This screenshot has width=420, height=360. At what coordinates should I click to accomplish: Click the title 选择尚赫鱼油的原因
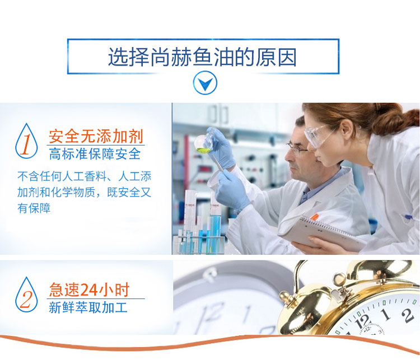point(203,57)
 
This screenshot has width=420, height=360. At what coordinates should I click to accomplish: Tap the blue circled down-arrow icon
point(205,83)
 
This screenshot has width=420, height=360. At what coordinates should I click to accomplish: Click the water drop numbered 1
point(26,141)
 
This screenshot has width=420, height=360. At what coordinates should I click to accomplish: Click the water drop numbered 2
point(26,294)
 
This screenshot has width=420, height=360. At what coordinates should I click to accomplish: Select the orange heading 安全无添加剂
point(96,137)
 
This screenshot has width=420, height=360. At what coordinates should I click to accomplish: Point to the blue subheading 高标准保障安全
point(95,154)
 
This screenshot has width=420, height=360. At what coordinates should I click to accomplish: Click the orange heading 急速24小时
point(90,289)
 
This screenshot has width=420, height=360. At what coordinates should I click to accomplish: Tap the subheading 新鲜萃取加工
point(88,307)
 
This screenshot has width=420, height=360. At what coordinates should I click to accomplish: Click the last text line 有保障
point(34,208)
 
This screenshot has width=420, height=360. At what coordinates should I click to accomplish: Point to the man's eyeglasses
point(297,149)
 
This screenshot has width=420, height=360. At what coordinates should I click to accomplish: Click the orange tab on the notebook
point(315,217)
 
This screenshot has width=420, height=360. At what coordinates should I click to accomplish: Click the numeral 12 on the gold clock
point(362,321)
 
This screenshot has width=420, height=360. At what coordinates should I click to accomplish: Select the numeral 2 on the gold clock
point(407,315)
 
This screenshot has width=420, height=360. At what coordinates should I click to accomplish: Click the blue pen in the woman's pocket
point(408,217)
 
